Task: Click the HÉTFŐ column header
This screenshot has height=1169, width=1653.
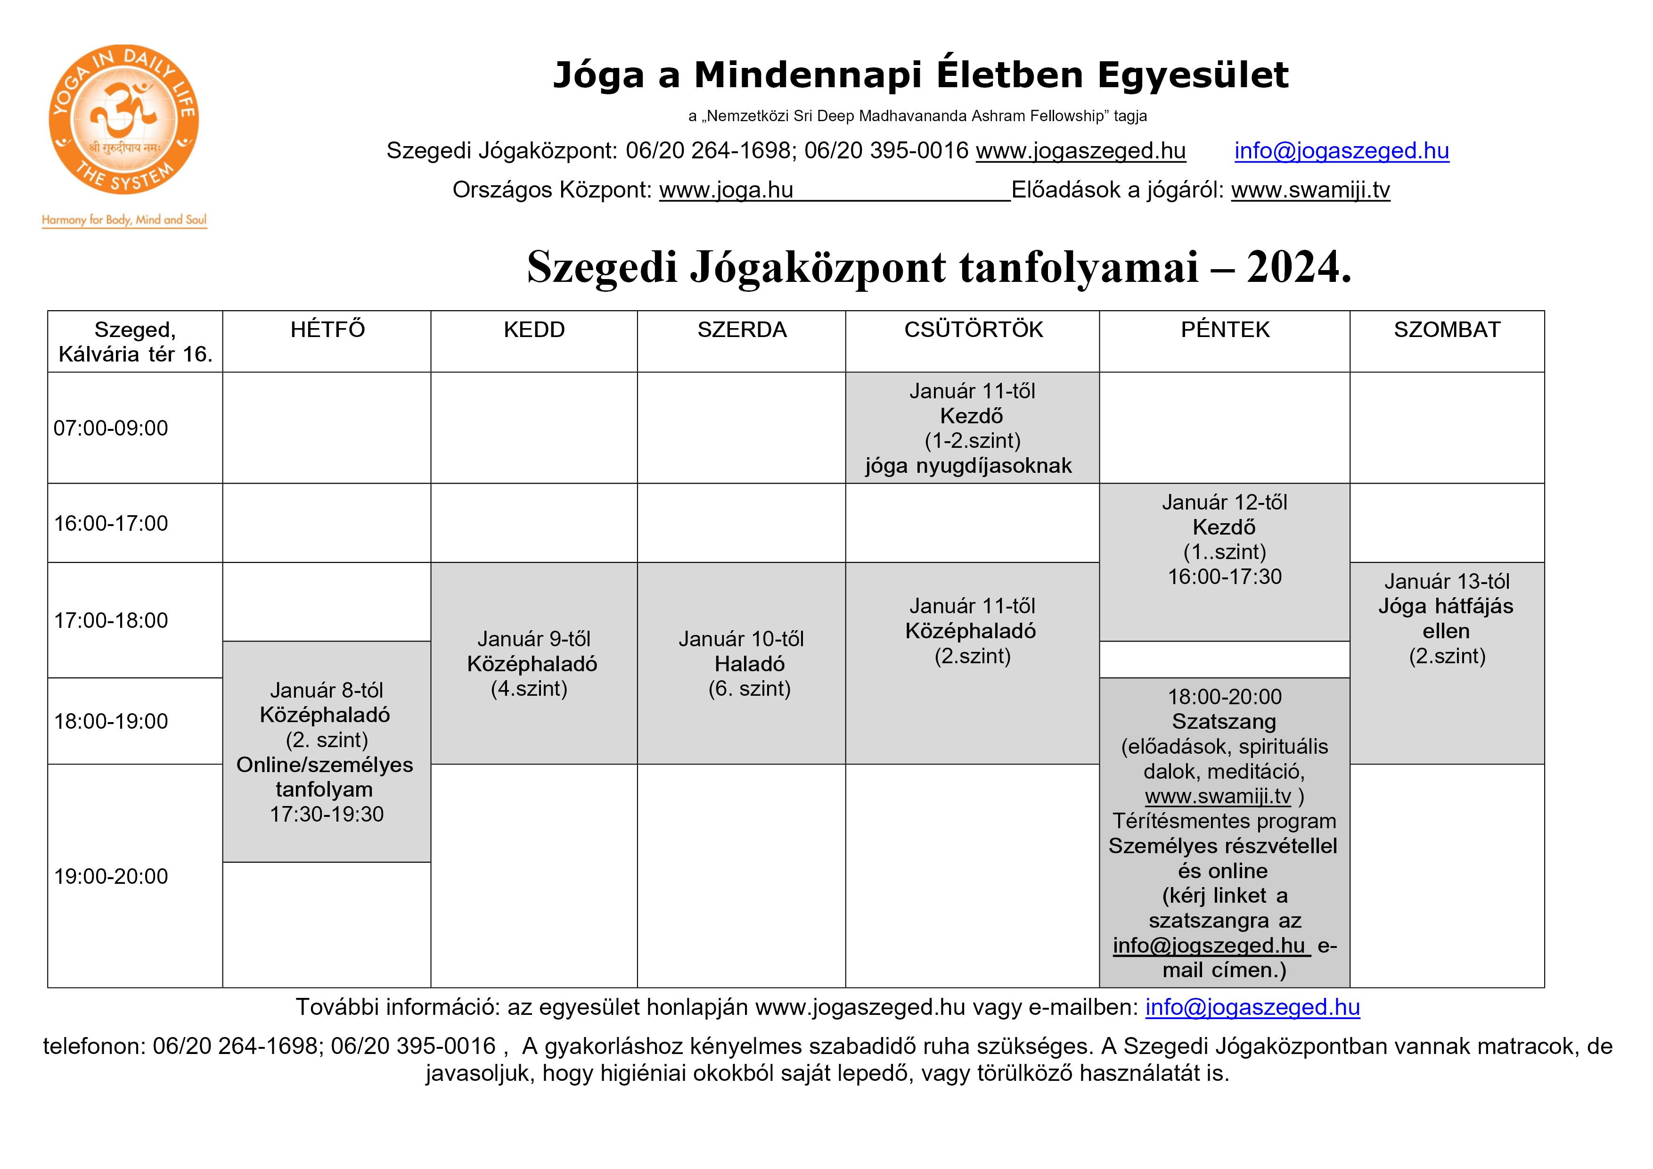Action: tap(327, 330)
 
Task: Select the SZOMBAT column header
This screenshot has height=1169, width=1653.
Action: tap(1447, 330)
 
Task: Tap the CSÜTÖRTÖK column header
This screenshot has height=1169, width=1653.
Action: tap(973, 330)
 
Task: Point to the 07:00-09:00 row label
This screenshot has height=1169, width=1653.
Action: tap(111, 428)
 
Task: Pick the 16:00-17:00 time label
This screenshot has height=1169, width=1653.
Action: tap(111, 523)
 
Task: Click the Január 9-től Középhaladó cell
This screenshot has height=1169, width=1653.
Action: tap(533, 663)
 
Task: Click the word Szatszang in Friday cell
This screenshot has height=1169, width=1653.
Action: tap(1223, 721)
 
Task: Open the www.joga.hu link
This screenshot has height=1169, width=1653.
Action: tap(726, 189)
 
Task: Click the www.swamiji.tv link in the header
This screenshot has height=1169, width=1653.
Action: tap(1309, 189)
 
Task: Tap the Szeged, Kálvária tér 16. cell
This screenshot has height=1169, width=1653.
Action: tap(135, 341)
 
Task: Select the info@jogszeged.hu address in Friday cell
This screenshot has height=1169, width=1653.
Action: tap(1209, 945)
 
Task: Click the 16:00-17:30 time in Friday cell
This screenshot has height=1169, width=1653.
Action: tap(1224, 576)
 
